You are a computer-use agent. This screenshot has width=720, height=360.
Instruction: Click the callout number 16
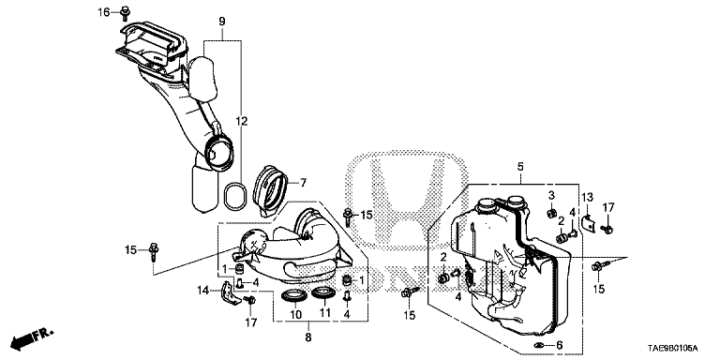[104, 12]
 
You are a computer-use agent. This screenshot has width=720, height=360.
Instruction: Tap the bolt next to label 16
[124, 14]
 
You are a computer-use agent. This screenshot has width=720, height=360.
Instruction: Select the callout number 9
[222, 22]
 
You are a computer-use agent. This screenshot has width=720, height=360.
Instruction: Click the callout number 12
[242, 122]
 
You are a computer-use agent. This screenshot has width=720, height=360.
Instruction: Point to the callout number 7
[303, 183]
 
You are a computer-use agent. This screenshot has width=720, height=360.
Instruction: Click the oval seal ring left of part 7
[234, 196]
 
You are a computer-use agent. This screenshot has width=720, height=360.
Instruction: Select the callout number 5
[520, 167]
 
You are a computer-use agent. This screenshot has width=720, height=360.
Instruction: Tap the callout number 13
[587, 198]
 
